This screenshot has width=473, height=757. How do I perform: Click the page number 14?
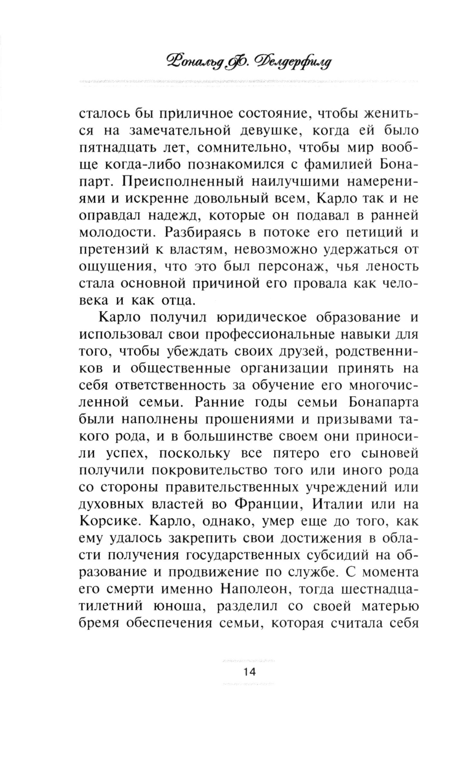tap(249, 672)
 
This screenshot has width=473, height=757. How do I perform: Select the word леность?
tap(387, 266)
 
